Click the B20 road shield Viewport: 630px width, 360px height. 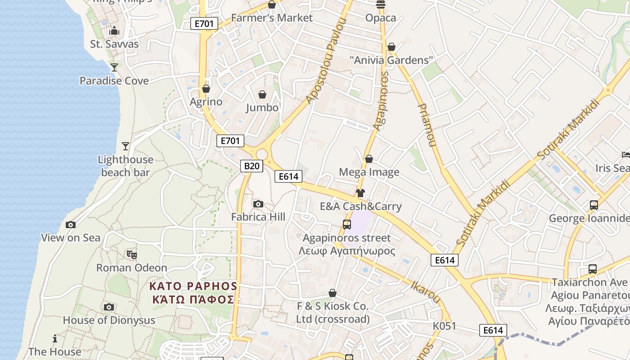point(252,166)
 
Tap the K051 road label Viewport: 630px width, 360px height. point(445,326)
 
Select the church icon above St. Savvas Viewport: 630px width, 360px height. point(114,31)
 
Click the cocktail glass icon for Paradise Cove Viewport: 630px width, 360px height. point(114,67)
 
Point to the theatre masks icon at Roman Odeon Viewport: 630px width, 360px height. point(131,255)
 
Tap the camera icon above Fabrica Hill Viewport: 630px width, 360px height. point(258,204)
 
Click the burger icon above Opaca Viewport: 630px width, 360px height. point(381,4)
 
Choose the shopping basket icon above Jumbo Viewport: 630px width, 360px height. point(262,94)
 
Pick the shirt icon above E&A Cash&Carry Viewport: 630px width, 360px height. point(360,193)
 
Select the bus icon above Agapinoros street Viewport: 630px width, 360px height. point(346,225)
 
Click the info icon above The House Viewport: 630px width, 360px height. point(55,338)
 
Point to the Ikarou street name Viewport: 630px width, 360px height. point(426,291)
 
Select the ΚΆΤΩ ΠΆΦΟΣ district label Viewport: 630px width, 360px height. point(193,299)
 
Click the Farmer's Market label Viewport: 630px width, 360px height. point(271,18)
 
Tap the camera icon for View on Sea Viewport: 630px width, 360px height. point(71,225)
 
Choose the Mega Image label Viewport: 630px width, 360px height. point(369,172)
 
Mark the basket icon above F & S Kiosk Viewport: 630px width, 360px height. point(333,293)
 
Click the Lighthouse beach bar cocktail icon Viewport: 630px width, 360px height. point(126,146)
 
